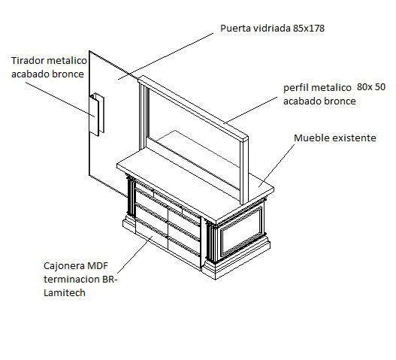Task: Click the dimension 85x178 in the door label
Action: (309, 29)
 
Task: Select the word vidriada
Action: (272, 29)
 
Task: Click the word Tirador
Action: (28, 61)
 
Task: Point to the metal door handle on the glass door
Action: (96, 114)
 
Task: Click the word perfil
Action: (295, 88)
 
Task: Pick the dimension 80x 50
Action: (371, 87)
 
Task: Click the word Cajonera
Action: (64, 266)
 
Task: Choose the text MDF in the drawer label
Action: (98, 266)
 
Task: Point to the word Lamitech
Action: (65, 293)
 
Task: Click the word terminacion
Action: (71, 280)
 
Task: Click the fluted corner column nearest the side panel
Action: (212, 241)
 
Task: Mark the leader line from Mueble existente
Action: (277, 165)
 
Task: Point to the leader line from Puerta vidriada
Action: (165, 56)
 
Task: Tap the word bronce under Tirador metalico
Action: (68, 74)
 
